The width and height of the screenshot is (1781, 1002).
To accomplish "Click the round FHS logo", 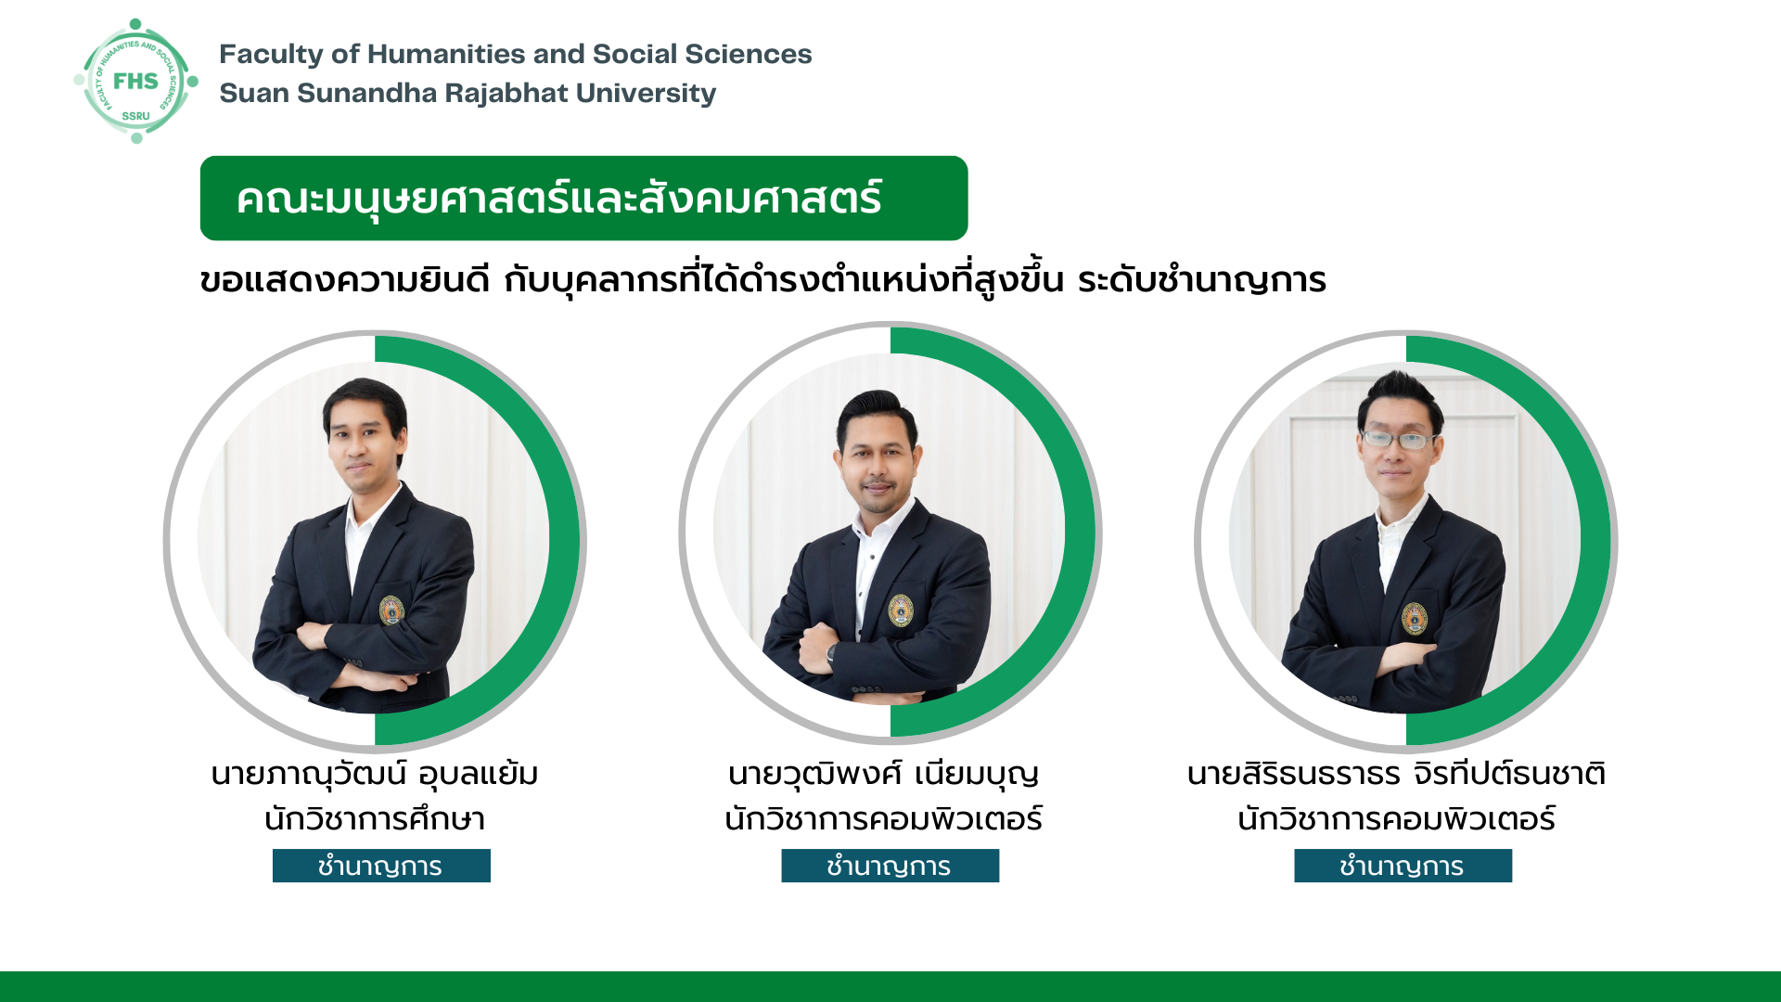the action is click(x=136, y=82).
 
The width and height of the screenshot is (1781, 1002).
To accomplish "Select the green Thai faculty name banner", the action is click(x=583, y=198).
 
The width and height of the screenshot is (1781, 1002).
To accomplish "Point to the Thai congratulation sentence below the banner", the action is click(x=762, y=279).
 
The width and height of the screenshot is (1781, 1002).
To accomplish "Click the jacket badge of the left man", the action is click(x=391, y=610).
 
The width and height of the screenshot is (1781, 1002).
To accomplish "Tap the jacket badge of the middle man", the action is click(x=901, y=610).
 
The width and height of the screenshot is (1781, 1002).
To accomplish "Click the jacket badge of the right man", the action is click(x=1414, y=618).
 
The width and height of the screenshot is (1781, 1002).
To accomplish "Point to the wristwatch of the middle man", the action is click(x=831, y=652).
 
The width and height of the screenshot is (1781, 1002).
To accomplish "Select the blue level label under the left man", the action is click(x=381, y=866).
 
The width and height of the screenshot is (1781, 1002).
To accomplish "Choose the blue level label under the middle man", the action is click(x=890, y=866).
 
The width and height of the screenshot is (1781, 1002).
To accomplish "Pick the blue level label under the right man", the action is click(x=1403, y=866).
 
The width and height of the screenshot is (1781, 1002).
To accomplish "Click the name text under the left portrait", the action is click(x=375, y=774).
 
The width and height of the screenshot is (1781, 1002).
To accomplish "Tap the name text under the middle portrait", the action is click(x=883, y=774).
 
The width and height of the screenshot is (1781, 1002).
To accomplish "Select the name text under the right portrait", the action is click(x=1396, y=774).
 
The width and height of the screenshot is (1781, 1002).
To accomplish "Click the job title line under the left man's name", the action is click(x=375, y=819).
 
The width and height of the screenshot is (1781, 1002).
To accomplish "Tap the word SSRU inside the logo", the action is click(x=135, y=116).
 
